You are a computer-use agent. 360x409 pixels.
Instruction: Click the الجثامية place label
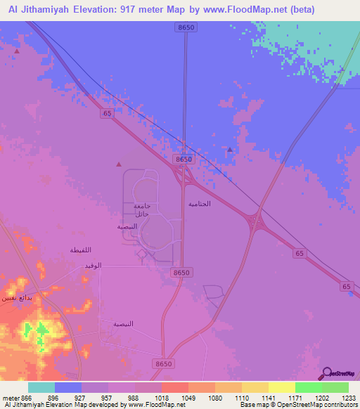point(200,203)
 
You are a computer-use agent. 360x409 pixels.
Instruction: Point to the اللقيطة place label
point(81,249)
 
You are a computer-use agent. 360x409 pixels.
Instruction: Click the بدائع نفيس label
point(15,297)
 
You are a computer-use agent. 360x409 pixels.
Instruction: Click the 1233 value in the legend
point(340,397)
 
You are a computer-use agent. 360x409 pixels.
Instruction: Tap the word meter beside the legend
point(11,397)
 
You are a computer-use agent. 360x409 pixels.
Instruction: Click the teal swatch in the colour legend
point(41,387)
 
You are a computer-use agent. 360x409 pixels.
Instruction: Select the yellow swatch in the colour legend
point(282,387)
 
